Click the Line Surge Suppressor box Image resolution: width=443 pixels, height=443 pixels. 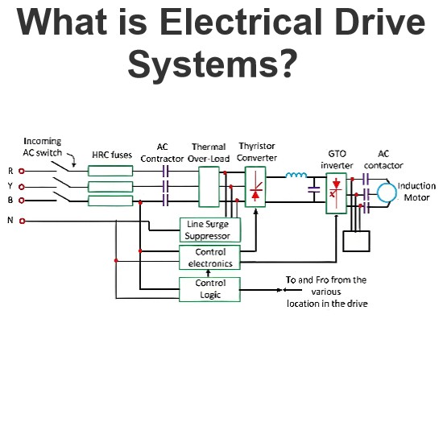click(210, 230)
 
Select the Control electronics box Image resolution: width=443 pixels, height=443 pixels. click(209, 258)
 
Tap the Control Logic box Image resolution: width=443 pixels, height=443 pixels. click(209, 289)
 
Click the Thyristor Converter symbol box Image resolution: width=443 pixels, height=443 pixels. click(255, 187)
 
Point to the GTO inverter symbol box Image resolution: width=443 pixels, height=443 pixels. click(336, 193)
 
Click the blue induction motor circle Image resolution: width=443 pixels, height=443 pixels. click(378, 193)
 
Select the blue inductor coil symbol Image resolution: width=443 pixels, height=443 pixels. click(296, 175)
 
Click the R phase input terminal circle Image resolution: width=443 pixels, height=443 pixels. click(22, 171)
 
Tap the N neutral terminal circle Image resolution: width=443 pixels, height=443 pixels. click(22, 221)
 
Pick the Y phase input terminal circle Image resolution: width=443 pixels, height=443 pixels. click(22, 187)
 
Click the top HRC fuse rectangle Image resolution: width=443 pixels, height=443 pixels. click(110, 171)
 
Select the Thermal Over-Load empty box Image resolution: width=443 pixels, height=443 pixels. click(209, 187)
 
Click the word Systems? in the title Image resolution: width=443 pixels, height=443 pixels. click(213, 64)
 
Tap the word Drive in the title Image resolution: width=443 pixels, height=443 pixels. click(380, 22)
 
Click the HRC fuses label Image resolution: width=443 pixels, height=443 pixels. click(112, 155)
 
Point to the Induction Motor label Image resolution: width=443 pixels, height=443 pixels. click(416, 192)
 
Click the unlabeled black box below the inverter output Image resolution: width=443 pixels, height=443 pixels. click(356, 242)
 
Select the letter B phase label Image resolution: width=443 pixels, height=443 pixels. click(10, 200)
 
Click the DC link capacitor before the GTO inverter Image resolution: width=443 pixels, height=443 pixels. click(314, 189)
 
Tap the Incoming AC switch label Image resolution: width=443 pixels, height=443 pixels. click(43, 147)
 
